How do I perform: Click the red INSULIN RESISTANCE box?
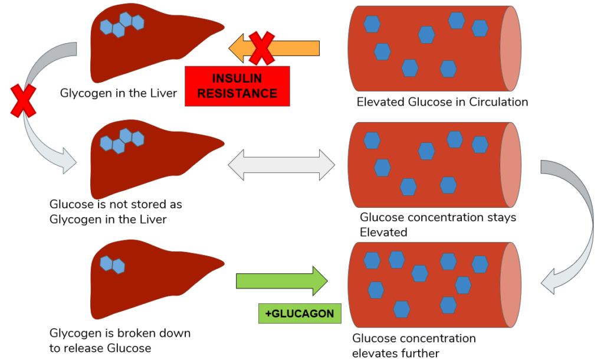click(x=237, y=86)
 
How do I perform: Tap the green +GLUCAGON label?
click(x=300, y=313)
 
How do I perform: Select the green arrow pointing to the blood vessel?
click(x=281, y=281)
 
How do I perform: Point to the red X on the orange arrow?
click(x=261, y=48)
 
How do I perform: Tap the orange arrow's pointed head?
click(x=238, y=48)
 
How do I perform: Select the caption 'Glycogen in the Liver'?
click(x=118, y=93)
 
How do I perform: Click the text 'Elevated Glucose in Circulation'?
click(x=442, y=102)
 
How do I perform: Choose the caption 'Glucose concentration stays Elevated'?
click(x=437, y=224)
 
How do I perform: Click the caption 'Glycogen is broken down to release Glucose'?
click(x=120, y=341)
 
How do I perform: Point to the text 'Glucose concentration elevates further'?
click(x=413, y=346)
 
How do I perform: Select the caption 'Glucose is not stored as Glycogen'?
click(x=116, y=212)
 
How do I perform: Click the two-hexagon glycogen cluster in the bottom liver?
click(x=112, y=264)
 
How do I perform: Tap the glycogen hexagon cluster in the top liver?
click(x=122, y=24)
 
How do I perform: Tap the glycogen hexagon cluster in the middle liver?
click(x=122, y=140)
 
